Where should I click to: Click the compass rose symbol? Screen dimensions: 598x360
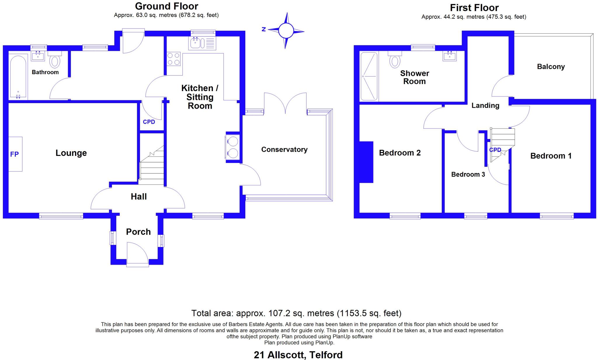286,30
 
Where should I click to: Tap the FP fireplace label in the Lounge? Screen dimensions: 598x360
15,154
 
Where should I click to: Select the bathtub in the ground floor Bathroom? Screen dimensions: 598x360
18,77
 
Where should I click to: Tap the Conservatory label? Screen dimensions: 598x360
284,149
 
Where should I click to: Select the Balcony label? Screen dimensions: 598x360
551,67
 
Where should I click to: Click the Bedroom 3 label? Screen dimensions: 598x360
468,174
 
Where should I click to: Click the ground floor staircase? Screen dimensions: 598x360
152,166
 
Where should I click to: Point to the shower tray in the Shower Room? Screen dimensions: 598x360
369,76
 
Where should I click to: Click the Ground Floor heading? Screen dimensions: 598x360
166,6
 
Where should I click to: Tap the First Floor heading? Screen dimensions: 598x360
474,8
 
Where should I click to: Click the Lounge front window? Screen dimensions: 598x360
61,216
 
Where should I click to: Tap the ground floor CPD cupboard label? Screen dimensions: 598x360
149,122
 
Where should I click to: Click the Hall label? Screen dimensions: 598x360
139,196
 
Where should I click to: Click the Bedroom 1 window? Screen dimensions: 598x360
557,216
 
